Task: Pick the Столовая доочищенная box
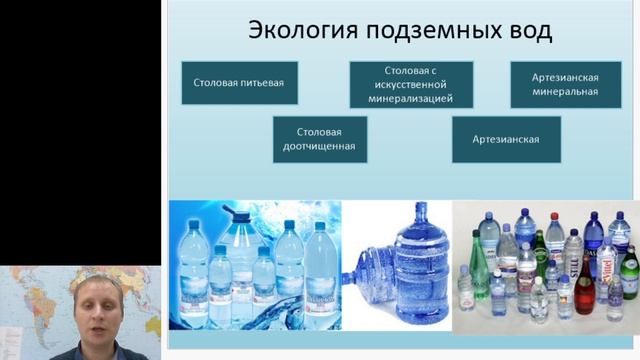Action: pyautogui.click(x=319, y=139)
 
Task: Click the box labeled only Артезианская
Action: pyautogui.click(x=506, y=139)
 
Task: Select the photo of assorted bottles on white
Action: pyautogui.click(x=545, y=266)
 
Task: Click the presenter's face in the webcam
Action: pyautogui.click(x=97, y=305)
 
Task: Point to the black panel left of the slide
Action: pyautogui.click(x=80, y=130)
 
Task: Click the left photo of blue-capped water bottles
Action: pyautogui.click(x=254, y=265)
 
